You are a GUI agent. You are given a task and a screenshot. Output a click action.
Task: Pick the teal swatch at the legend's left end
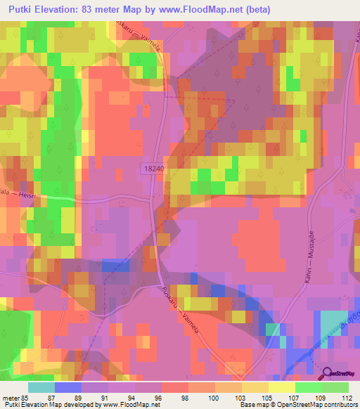coord(41,387)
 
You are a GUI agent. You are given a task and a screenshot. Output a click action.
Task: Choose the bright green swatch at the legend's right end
coord(335,387)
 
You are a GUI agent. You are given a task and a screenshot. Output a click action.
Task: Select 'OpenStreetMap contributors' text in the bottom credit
coord(311,405)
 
